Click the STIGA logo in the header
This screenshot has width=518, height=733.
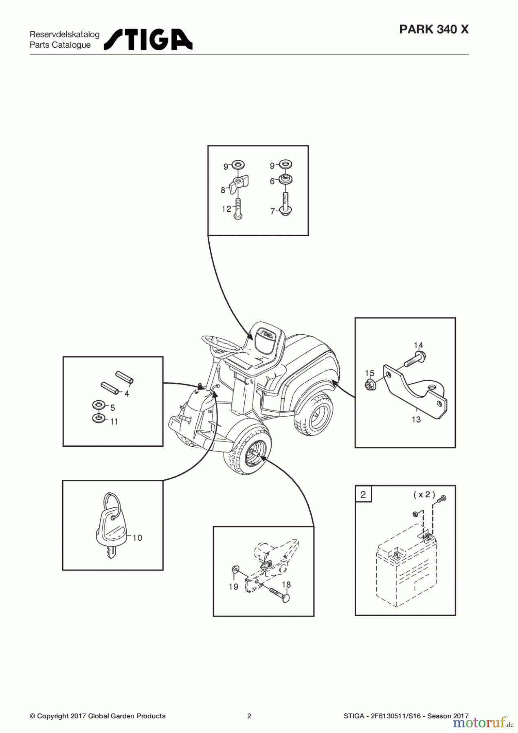tap(148, 40)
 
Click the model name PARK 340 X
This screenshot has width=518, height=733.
tap(434, 29)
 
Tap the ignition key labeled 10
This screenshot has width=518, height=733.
tap(111, 530)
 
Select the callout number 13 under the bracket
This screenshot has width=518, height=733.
tap(416, 419)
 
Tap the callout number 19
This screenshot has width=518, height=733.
tap(233, 587)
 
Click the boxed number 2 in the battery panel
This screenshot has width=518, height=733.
tap(363, 494)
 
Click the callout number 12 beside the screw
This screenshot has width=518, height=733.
tap(226, 209)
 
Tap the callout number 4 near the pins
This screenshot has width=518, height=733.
tap(127, 394)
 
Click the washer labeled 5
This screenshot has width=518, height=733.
tap(99, 405)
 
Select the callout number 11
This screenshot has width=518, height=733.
tap(114, 422)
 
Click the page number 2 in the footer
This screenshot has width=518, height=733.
tap(249, 716)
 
